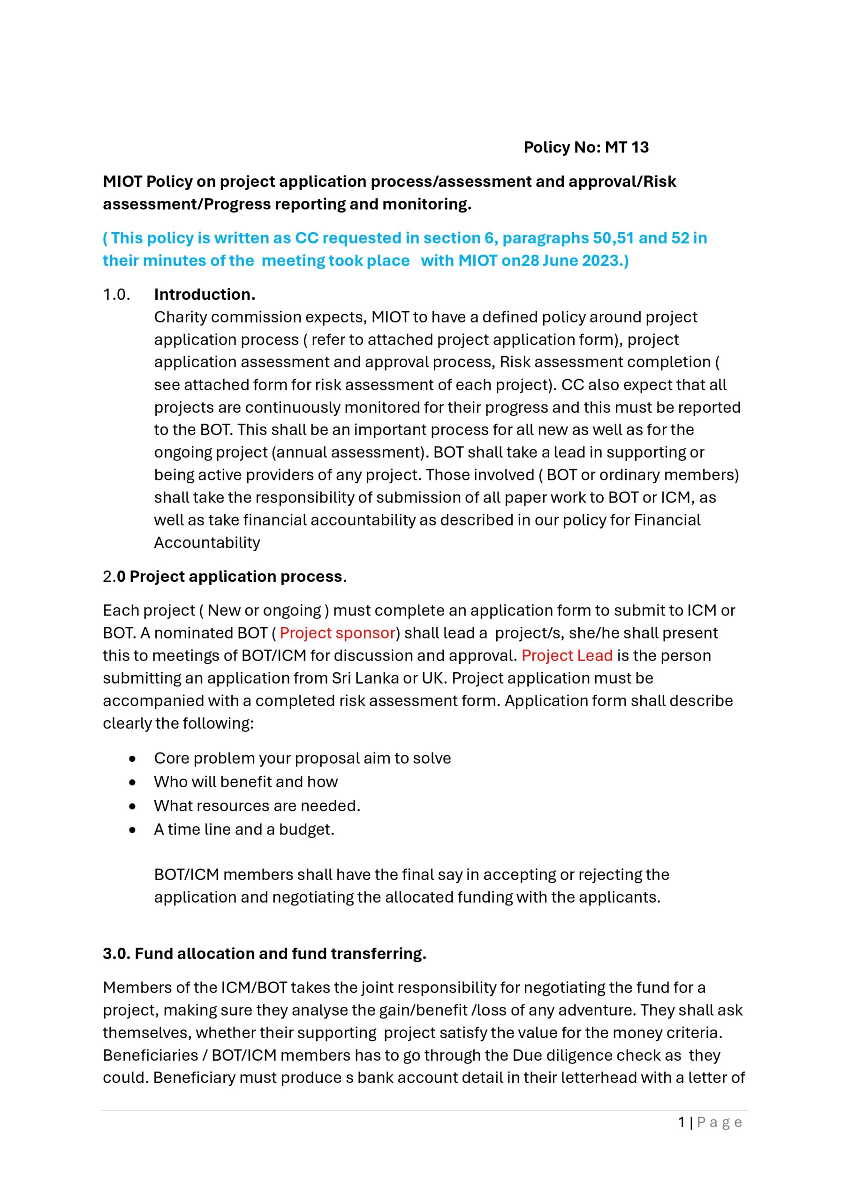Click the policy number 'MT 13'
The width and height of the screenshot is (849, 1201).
coord(627,147)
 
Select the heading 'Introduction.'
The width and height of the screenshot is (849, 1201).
coord(205,295)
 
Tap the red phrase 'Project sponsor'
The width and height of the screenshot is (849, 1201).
coord(337,633)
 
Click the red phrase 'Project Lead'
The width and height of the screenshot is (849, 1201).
coord(567,655)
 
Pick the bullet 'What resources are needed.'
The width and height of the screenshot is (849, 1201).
coord(257,806)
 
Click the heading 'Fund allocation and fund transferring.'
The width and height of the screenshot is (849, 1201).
coord(280,954)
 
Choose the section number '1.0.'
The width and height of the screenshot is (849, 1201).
coord(116,295)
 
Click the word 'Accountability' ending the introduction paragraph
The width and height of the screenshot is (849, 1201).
coord(207,542)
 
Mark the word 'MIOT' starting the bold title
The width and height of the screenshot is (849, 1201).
coord(122,182)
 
